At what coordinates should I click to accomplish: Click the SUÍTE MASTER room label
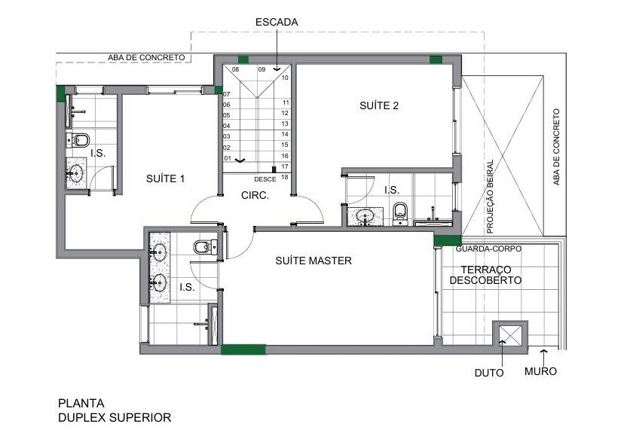(x=313, y=261)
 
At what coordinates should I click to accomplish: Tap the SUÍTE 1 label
(x=166, y=178)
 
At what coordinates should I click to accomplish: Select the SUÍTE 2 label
(x=379, y=105)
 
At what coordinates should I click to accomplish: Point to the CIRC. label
(x=255, y=196)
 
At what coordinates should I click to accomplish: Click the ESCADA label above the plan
(x=277, y=22)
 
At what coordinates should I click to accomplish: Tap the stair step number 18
(x=284, y=177)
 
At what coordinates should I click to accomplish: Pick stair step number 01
(x=228, y=158)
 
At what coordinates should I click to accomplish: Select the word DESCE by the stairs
(x=265, y=179)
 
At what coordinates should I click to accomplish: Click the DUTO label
(x=489, y=373)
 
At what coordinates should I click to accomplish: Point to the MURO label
(x=540, y=371)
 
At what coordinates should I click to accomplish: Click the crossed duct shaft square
(x=510, y=335)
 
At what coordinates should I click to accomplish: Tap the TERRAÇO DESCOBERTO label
(x=485, y=275)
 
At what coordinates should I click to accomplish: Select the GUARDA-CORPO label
(x=488, y=249)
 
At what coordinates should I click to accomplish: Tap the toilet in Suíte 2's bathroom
(x=400, y=214)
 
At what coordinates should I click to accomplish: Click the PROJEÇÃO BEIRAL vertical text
(x=490, y=197)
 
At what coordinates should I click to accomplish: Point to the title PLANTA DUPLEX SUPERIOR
(x=115, y=410)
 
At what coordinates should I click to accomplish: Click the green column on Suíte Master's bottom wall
(x=243, y=349)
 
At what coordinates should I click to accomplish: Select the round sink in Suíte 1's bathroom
(x=75, y=173)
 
